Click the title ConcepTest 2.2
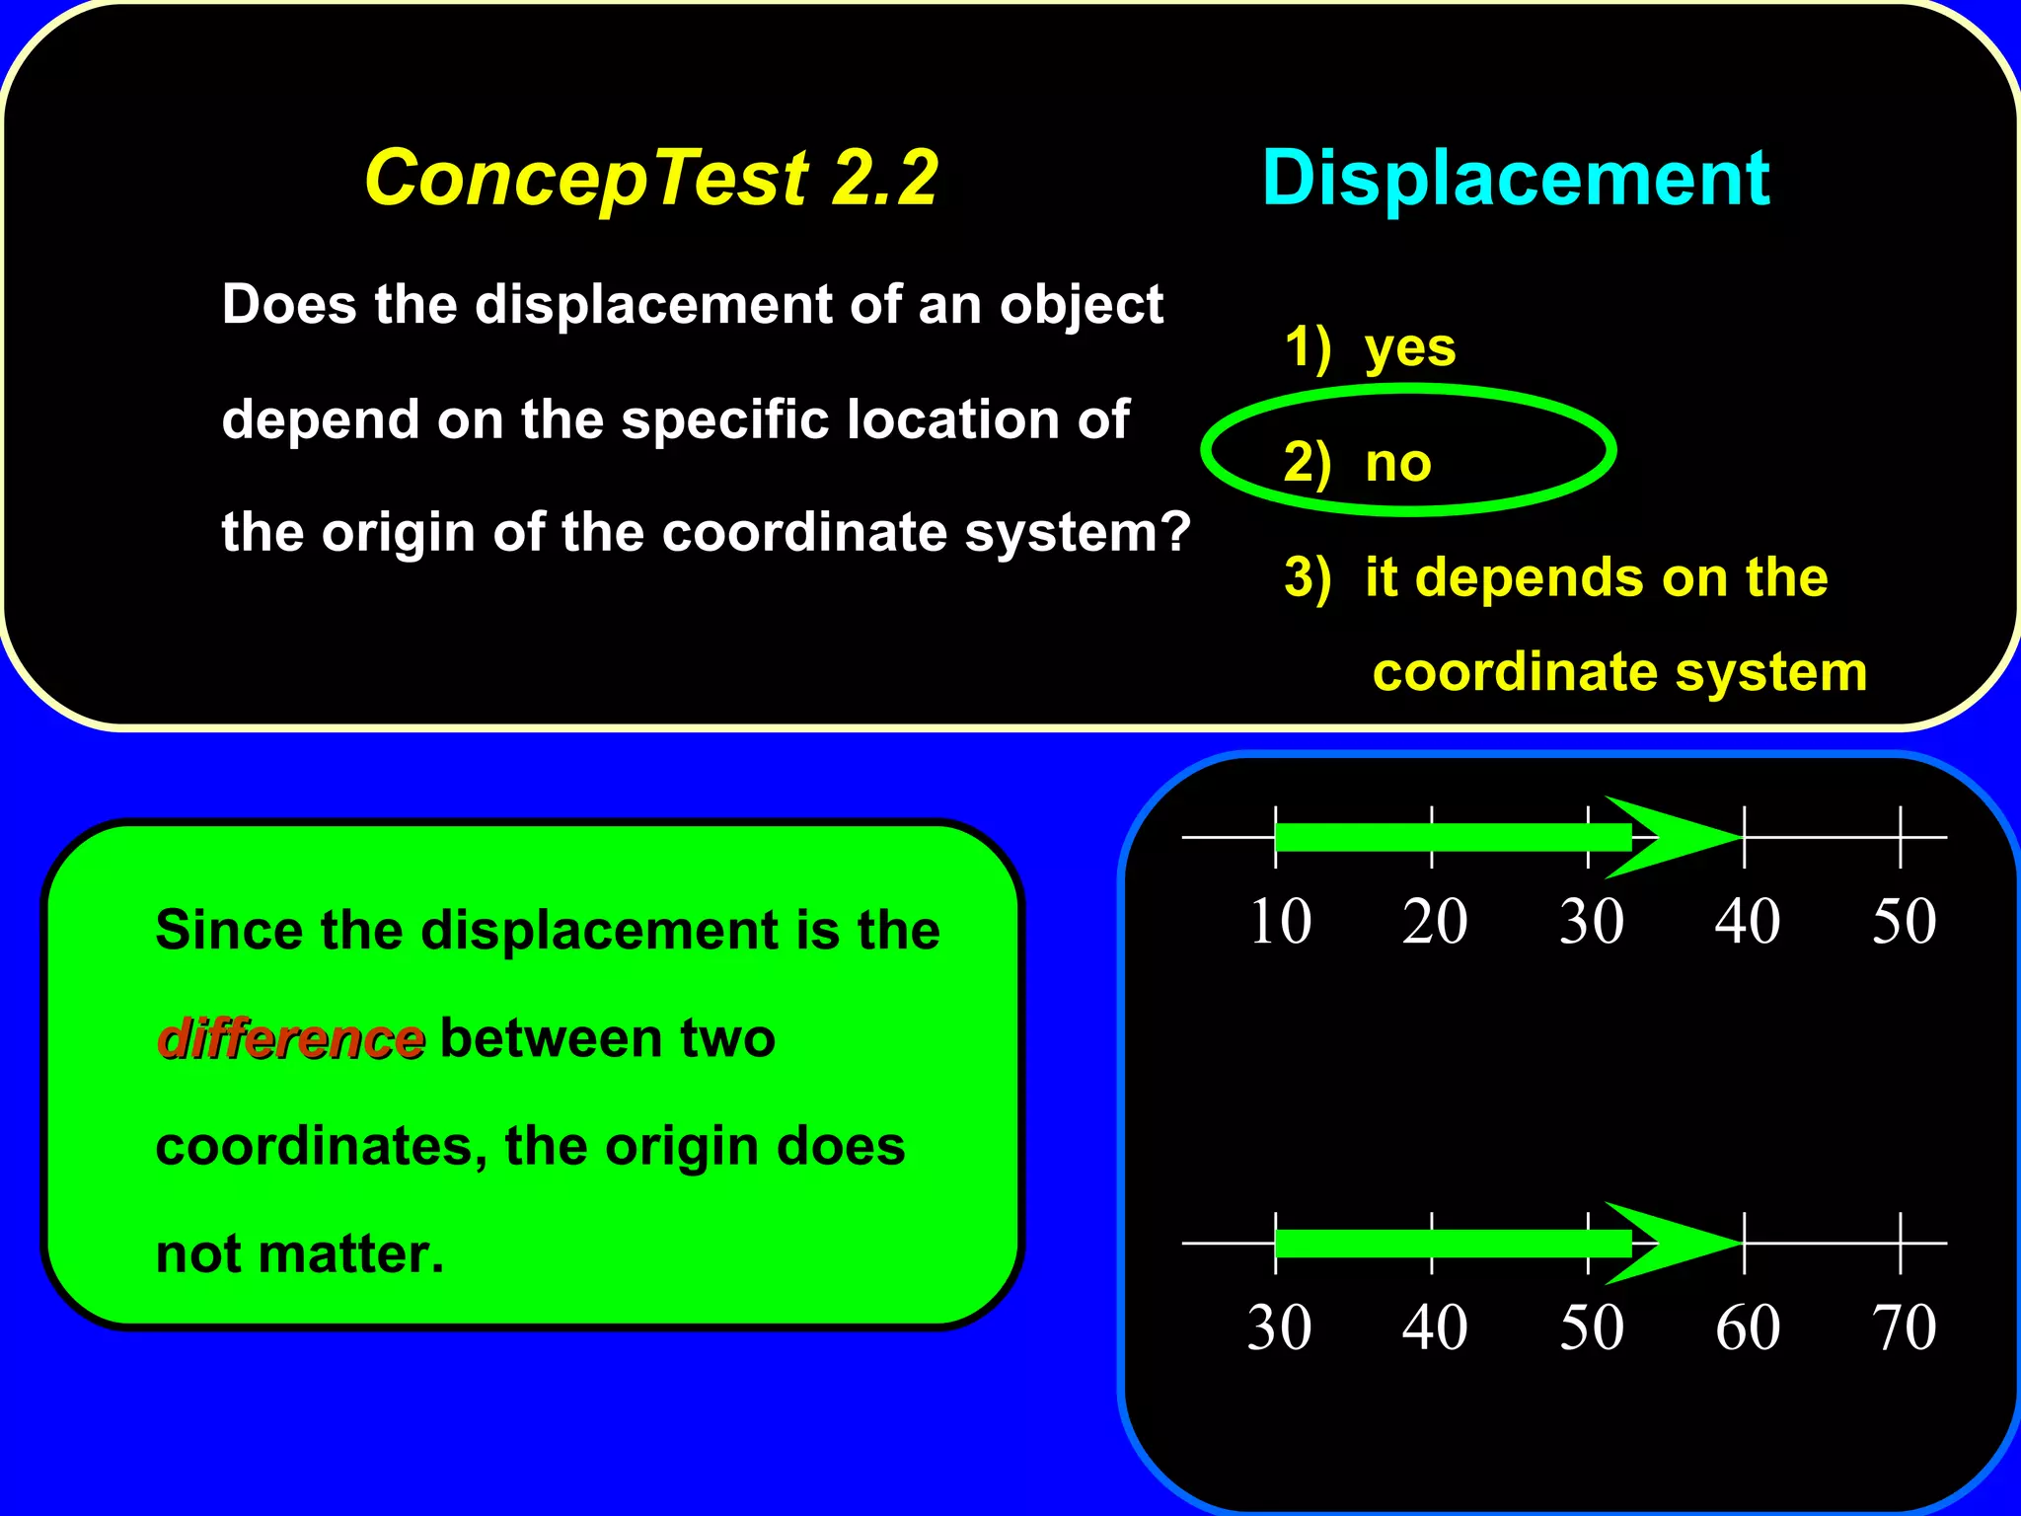tap(651, 179)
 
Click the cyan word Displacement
tap(1516, 179)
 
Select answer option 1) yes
tap(1370, 347)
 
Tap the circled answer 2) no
tap(1358, 462)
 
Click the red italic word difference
tap(291, 1038)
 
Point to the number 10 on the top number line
tap(1280, 922)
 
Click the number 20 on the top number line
tap(1435, 922)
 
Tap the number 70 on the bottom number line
tap(1904, 1327)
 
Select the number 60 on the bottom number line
tap(1748, 1327)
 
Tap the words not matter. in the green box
tap(300, 1254)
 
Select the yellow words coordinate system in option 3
tap(1619, 672)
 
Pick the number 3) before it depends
tap(1308, 577)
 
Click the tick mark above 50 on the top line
tap(1901, 836)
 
